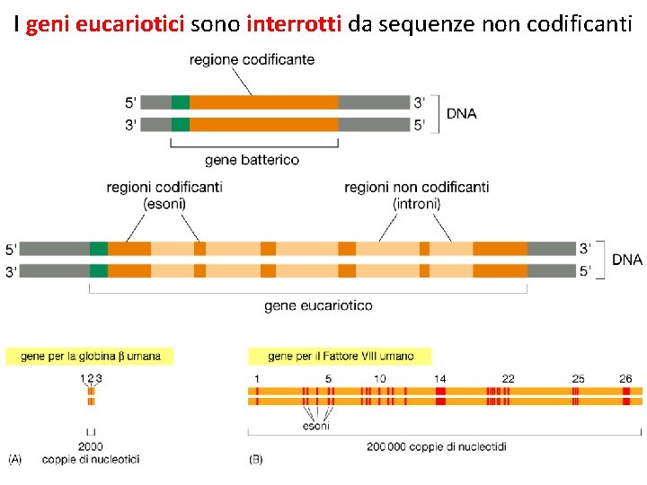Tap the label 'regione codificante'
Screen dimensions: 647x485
[252, 59]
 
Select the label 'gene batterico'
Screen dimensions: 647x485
[252, 160]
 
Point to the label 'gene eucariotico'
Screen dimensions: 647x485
[318, 305]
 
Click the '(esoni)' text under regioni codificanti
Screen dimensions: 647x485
[164, 204]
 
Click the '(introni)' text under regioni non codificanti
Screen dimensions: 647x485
[416, 204]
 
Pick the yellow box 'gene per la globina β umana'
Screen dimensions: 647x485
[90, 356]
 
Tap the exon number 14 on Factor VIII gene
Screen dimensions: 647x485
[440, 379]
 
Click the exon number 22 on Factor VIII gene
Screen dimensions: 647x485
[508, 379]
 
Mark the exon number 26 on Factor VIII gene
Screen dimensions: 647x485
[625, 379]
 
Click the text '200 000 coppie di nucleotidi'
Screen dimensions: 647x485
[437, 446]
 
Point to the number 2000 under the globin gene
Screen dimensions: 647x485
[90, 446]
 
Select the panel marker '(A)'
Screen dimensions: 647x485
[16, 459]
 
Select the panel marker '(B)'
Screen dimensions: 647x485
[255, 459]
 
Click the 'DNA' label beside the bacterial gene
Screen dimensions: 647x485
[461, 113]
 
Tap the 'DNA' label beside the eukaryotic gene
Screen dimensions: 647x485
[626, 260]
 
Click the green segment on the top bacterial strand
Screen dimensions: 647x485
[181, 101]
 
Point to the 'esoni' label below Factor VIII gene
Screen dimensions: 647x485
[315, 426]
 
